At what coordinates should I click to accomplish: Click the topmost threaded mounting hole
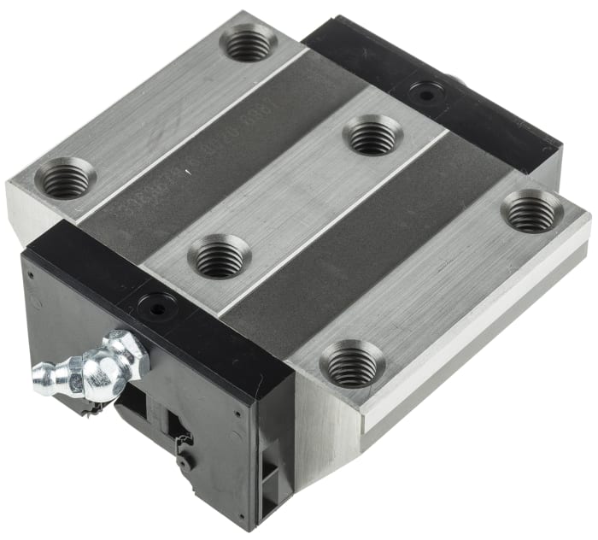(248, 43)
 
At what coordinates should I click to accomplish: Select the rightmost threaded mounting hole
(531, 212)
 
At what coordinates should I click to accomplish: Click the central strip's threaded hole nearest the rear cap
(372, 136)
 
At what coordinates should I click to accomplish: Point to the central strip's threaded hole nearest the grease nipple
(219, 256)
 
